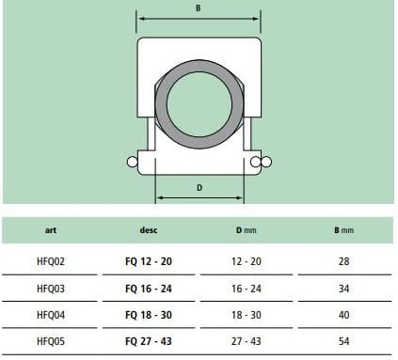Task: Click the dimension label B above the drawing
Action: tap(197, 8)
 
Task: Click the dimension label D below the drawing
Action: tap(199, 187)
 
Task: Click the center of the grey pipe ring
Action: tap(198, 105)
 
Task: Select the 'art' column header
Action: tap(50, 229)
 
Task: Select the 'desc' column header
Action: tap(149, 229)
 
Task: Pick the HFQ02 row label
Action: tap(50, 260)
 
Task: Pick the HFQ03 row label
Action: tap(50, 288)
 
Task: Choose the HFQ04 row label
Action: tap(50, 315)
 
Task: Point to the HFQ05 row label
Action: tap(50, 342)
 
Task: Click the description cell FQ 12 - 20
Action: tap(149, 260)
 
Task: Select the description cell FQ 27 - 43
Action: tap(149, 342)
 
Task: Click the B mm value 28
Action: tap(343, 260)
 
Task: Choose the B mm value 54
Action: tap(343, 342)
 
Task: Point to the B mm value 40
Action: tap(343, 315)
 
